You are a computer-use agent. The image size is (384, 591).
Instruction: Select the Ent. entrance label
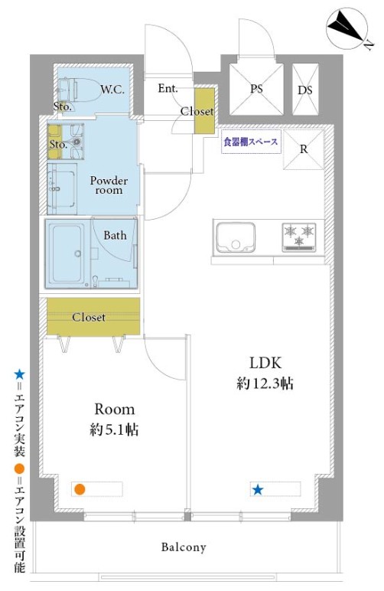(x=168, y=89)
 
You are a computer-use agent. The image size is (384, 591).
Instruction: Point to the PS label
(x=256, y=89)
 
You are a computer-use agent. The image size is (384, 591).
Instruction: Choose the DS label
(x=304, y=90)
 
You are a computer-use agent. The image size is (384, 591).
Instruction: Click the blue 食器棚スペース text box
(x=250, y=143)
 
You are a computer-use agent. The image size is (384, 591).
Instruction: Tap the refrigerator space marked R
(x=304, y=149)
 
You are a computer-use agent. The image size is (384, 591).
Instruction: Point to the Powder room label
(x=109, y=185)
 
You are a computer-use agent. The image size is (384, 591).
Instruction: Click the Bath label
(x=116, y=236)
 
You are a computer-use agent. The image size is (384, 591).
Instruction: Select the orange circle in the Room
(x=80, y=489)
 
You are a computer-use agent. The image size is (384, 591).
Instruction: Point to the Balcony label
(x=184, y=547)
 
